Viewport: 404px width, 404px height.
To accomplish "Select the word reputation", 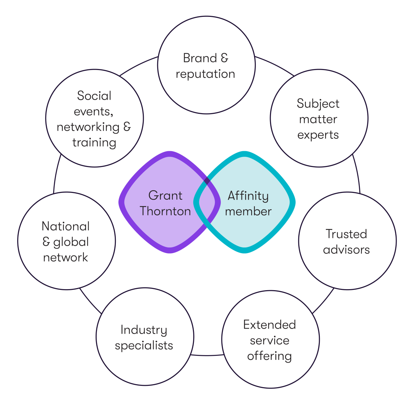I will coord(205,74).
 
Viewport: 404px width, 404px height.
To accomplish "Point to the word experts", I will coord(318,135).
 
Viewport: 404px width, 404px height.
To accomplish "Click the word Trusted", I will coord(346,234).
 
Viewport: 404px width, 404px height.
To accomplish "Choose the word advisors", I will coord(346,249).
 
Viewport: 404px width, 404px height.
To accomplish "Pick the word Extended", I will coord(269,325).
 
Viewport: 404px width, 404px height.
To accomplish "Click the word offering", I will coord(269,356).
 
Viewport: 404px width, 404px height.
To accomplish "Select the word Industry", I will coord(144,330).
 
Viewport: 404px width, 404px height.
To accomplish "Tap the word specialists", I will coord(144,346).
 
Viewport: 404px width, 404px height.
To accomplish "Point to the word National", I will coord(66,226).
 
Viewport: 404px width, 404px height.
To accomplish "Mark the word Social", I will coord(94,96).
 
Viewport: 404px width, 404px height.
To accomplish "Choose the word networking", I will coord(88,127).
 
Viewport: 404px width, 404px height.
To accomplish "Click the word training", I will coord(94,143).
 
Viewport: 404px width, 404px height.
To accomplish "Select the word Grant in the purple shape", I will coord(165,196).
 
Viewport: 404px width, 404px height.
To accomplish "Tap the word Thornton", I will coord(165,211).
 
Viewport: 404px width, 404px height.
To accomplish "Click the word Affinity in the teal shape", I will coord(248,196).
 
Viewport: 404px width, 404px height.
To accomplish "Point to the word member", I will coord(248,211).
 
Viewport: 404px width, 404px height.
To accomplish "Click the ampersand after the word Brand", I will coord(225,58).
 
